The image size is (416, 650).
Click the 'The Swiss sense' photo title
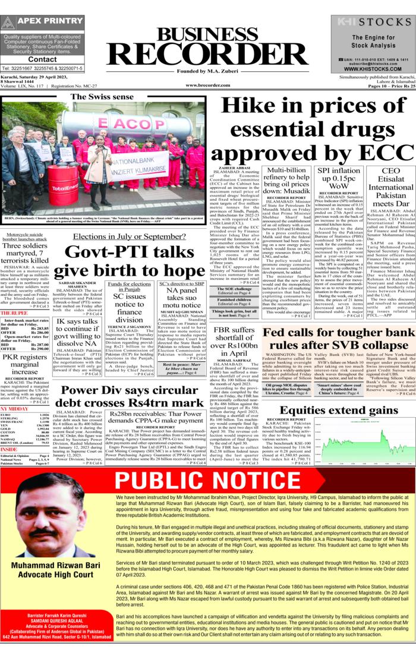(102, 96)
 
